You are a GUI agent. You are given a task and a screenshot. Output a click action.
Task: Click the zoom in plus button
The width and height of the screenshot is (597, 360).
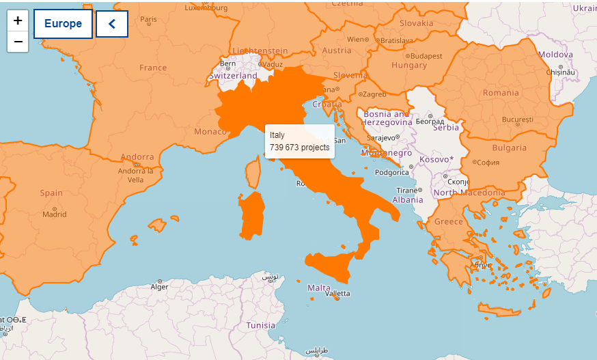(18, 20)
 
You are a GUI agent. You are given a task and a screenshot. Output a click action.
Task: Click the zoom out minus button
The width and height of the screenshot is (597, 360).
(18, 42)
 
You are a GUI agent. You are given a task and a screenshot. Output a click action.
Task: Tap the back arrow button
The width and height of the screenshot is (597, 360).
(112, 24)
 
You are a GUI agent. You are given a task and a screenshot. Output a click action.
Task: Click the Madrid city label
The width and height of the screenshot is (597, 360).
(55, 214)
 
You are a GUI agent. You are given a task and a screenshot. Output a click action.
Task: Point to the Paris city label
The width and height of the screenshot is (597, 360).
(148, 19)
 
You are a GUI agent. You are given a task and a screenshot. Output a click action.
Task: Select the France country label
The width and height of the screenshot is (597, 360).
(153, 68)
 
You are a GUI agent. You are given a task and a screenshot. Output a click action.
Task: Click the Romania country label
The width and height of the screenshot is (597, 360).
(501, 93)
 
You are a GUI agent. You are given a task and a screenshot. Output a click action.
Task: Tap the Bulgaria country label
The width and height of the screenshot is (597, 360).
(510, 148)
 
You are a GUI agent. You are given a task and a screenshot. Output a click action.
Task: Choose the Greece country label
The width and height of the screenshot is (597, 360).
(449, 221)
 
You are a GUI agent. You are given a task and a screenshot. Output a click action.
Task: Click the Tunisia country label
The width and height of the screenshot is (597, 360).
(260, 325)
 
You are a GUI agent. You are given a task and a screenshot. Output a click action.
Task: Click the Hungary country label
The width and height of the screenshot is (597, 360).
(409, 66)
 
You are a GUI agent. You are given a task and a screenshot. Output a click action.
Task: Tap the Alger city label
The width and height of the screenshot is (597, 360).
(159, 287)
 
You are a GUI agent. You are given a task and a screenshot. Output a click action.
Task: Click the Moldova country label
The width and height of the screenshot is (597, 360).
(555, 54)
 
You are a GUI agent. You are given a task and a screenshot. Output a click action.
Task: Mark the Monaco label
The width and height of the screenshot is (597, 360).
(210, 131)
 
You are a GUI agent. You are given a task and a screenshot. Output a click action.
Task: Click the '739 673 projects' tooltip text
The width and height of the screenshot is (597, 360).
(299, 147)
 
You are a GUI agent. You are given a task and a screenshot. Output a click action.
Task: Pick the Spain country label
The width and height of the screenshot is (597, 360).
(51, 193)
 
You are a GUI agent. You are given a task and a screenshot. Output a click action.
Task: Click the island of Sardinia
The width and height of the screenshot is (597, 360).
(253, 214)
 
